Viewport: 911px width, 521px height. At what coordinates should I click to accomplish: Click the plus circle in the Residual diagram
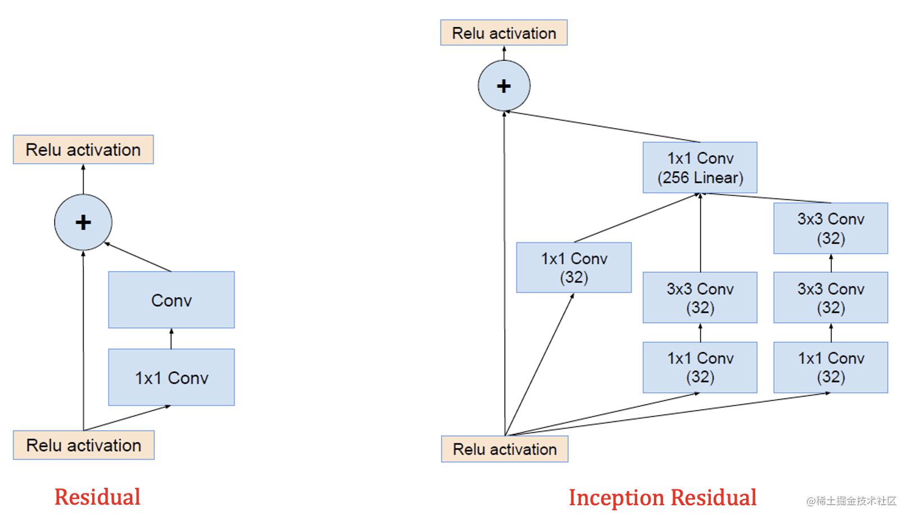point(83,222)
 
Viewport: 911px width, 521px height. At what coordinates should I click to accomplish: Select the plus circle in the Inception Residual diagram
point(504,86)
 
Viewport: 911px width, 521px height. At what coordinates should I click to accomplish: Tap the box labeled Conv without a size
point(172,300)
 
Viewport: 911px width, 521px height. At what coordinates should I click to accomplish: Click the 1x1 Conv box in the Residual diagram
point(172,377)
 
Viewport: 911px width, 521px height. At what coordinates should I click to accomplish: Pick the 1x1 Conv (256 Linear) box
point(700,168)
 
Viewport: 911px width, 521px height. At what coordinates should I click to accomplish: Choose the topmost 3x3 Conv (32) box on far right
point(831,228)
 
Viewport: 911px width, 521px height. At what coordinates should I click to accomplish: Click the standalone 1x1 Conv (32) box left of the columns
point(574,267)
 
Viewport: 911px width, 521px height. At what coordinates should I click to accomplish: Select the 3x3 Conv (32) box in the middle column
point(700,298)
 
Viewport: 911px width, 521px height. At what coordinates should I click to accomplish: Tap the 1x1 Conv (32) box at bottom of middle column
point(700,367)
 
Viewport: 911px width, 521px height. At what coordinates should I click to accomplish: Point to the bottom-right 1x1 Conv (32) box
point(831,367)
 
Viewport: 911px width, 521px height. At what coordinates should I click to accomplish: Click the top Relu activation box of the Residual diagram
point(83,150)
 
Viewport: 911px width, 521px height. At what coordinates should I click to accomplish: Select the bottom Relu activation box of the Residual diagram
point(84,445)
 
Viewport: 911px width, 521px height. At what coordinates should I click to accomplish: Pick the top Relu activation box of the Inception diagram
point(504,33)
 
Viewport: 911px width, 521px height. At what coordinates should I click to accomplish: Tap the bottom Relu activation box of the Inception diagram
point(504,449)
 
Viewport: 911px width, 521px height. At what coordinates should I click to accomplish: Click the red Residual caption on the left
point(97,497)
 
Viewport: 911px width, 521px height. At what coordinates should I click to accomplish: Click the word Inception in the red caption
point(616,498)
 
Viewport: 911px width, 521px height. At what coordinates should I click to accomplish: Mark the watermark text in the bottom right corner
point(851,501)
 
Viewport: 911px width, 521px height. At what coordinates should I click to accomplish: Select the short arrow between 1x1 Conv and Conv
point(172,339)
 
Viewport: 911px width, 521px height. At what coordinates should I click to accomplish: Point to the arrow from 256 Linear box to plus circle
point(602,127)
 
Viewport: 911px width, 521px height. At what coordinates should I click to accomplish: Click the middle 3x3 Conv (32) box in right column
point(831,298)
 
